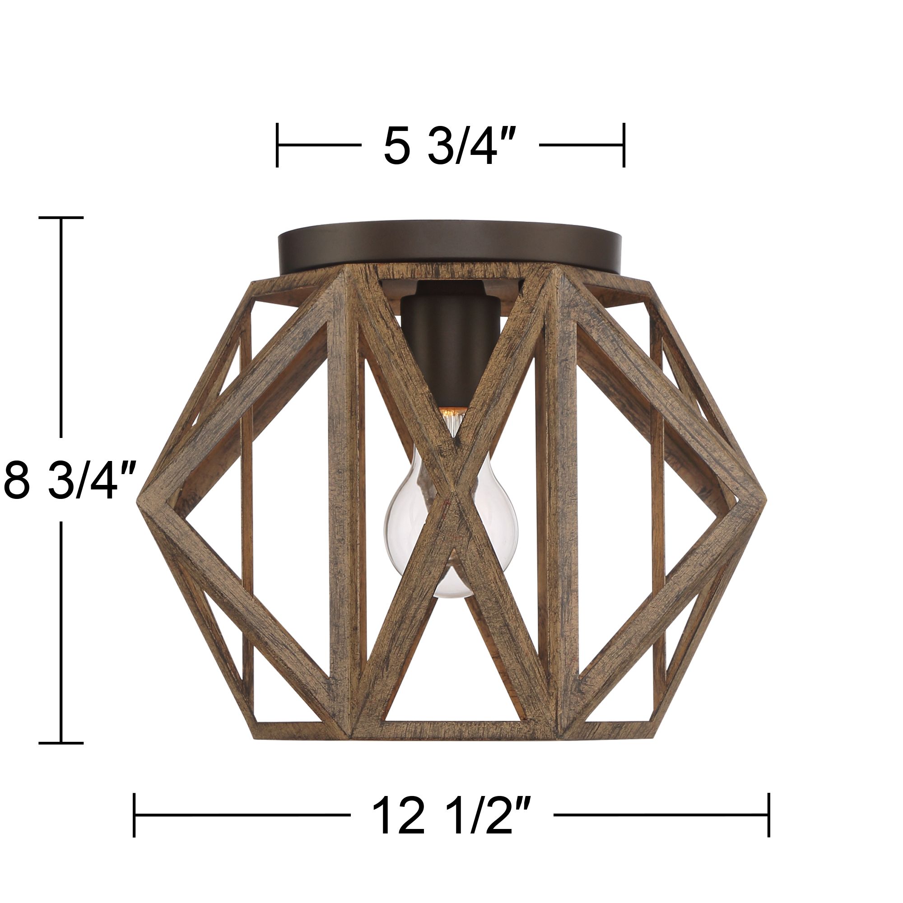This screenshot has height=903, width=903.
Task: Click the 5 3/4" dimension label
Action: [450, 146]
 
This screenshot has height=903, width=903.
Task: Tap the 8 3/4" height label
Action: [69, 480]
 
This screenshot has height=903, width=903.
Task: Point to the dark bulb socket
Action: [450, 346]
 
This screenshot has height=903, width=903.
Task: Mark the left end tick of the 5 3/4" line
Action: [277, 145]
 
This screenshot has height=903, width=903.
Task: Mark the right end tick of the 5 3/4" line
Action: [624, 145]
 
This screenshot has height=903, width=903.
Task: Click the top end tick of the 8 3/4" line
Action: [61, 218]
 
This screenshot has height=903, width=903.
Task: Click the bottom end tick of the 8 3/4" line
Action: [61, 742]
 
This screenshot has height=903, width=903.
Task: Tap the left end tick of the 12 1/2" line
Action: [134, 815]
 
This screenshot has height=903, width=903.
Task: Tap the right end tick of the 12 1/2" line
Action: [769, 815]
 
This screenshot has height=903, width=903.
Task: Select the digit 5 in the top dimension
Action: [396, 146]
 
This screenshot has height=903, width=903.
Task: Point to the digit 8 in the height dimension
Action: [17, 480]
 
